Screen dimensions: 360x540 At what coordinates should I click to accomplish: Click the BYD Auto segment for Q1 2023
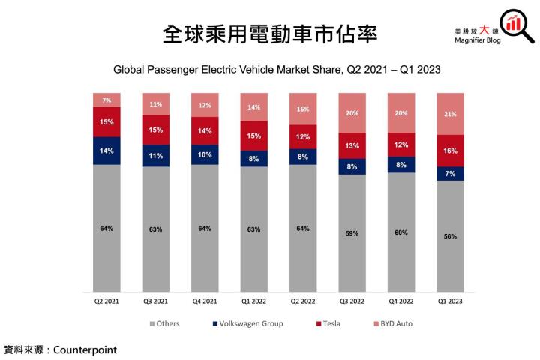click(450, 114)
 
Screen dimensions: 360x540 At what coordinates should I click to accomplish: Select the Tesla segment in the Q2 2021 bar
click(106, 122)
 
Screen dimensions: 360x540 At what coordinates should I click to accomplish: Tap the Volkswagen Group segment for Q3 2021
click(156, 156)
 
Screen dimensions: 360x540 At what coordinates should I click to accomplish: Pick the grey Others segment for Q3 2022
click(352, 233)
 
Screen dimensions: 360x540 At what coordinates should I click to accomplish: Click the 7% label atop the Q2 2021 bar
click(106, 100)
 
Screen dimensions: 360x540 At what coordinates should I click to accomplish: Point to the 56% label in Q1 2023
click(450, 236)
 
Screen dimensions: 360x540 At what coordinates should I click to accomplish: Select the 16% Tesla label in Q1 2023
click(450, 151)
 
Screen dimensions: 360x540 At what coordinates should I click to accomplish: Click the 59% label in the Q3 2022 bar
click(352, 233)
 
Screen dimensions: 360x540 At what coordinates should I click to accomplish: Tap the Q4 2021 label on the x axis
click(205, 301)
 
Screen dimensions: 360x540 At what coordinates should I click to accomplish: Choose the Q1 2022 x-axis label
click(253, 301)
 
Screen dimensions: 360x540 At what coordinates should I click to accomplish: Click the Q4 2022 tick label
click(400, 301)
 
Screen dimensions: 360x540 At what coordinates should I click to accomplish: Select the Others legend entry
click(166, 324)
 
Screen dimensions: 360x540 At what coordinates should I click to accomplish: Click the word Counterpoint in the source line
click(85, 349)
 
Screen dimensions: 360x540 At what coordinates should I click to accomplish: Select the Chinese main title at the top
click(269, 33)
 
